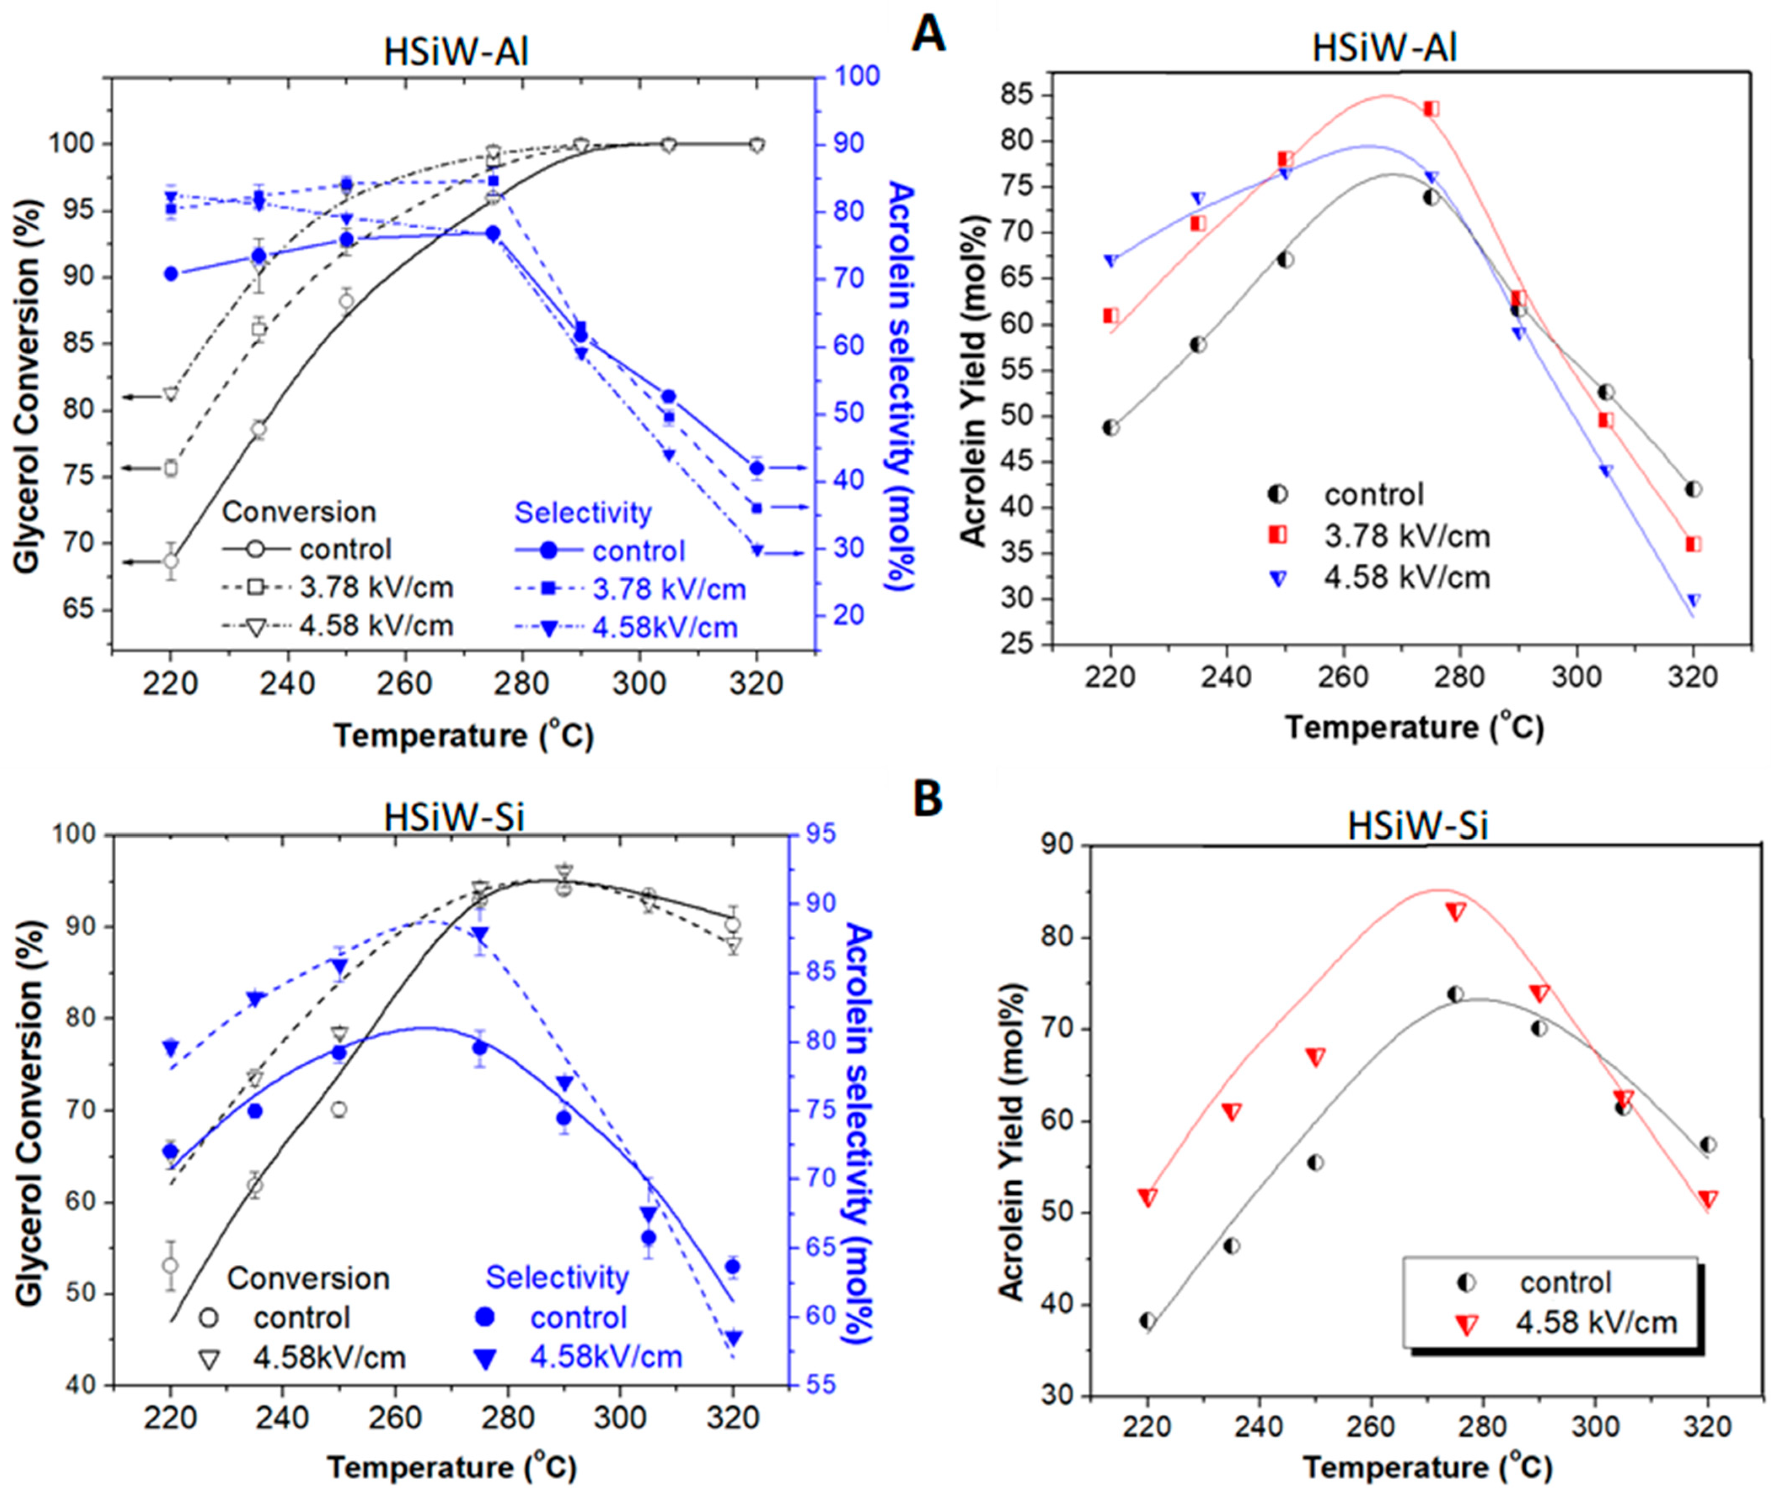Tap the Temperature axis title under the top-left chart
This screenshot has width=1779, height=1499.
tap(463, 735)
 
